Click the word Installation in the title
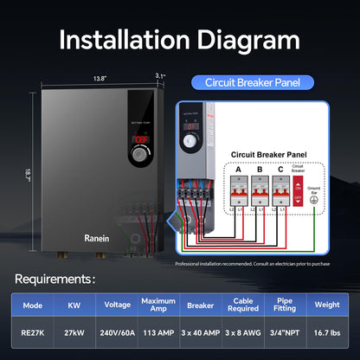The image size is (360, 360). pos(119,39)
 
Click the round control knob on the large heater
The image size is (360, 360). pos(139,154)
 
